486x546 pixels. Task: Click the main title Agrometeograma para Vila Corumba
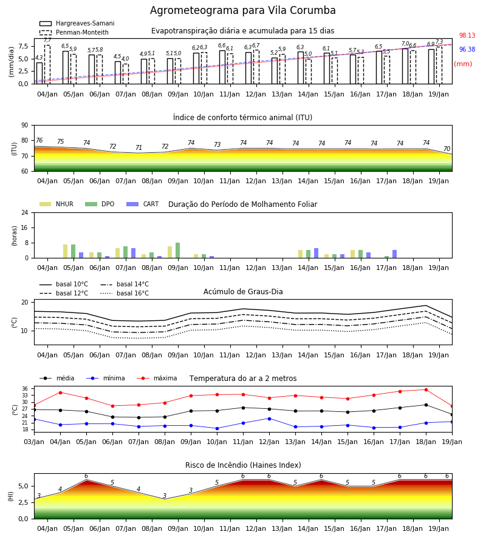(242, 10)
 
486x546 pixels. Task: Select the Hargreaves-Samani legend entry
(77, 23)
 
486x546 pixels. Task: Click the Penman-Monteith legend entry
(74, 32)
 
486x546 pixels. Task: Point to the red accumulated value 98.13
(467, 36)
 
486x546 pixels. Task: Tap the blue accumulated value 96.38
(467, 50)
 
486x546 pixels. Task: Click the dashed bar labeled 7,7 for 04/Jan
(47, 64)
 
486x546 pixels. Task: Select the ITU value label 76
(39, 140)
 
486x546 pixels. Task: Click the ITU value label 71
(139, 147)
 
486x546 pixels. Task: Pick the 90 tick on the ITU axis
(25, 126)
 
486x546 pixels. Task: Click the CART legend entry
(143, 204)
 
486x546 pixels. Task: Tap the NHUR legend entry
(56, 204)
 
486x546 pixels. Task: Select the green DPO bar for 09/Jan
(178, 251)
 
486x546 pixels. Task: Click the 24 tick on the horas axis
(25, 212)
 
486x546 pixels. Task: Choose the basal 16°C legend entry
(125, 293)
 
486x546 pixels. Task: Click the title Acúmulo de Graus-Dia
(243, 292)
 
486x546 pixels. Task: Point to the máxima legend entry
(157, 378)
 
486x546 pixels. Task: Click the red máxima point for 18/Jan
(426, 389)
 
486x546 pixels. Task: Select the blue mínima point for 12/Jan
(270, 419)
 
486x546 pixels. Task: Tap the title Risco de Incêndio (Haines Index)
(243, 465)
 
